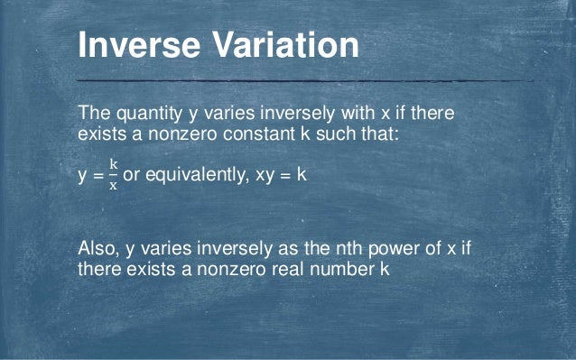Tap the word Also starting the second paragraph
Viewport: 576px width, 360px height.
pos(98,249)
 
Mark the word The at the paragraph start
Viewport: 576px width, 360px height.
pos(93,115)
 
